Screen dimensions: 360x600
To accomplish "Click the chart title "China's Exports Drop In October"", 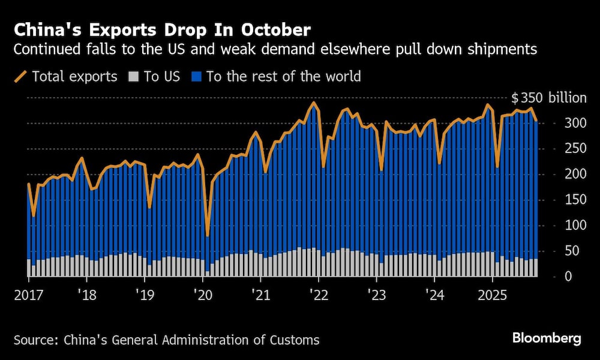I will coord(162,29).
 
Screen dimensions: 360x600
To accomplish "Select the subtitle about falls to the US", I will coord(275,49).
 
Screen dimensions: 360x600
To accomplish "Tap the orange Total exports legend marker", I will coord(20,76).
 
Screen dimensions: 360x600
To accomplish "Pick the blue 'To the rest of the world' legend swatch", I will coord(196,76).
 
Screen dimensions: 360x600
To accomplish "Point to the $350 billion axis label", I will coord(548,98).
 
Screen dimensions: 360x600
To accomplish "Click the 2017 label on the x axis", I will coord(28,295).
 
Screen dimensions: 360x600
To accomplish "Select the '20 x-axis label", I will coord(202,295).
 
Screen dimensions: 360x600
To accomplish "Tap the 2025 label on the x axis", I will coord(492,295).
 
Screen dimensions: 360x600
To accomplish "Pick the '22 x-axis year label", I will coord(318,295).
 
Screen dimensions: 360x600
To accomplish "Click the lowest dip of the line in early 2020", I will coord(208,236).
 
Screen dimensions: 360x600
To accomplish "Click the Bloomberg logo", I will coord(547,338).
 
